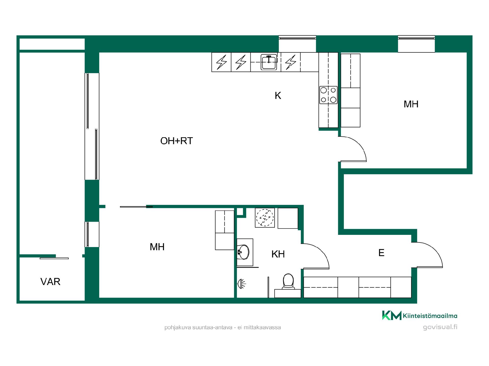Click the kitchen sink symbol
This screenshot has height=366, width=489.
pyautogui.click(x=269, y=62)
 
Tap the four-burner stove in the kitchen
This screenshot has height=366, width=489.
pyautogui.click(x=328, y=95)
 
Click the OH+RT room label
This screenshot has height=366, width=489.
pyautogui.click(x=176, y=141)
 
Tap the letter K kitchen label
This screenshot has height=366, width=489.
pyautogui.click(x=278, y=96)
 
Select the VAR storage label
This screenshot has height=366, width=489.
pyautogui.click(x=50, y=282)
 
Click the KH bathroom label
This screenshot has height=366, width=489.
pyautogui.click(x=278, y=254)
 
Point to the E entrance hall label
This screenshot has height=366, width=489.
pyautogui.click(x=381, y=253)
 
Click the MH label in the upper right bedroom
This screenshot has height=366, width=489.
pyautogui.click(x=411, y=104)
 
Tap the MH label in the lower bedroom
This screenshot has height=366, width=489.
pyautogui.click(x=157, y=247)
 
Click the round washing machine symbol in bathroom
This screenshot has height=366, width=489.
pyautogui.click(x=265, y=218)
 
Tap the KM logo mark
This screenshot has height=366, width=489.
pyautogui.click(x=392, y=315)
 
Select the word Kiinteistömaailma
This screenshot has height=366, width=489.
pyautogui.click(x=430, y=316)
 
